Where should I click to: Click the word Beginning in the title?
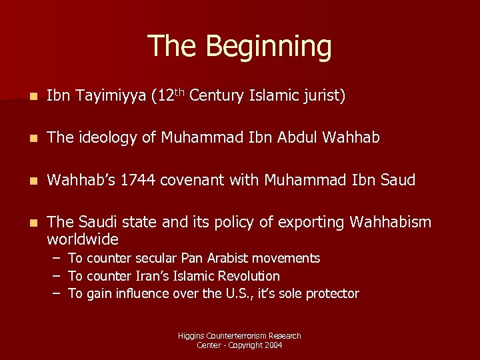click(268, 47)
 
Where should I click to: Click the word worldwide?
click(83, 239)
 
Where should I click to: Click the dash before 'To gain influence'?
click(59, 294)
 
